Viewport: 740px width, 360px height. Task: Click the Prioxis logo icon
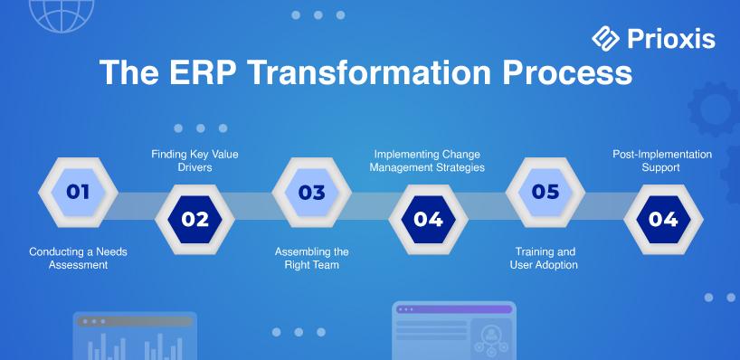(x=605, y=38)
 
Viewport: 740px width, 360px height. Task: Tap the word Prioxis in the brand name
(x=671, y=39)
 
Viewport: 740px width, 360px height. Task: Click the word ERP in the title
(x=204, y=71)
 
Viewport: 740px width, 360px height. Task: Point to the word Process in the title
(x=567, y=72)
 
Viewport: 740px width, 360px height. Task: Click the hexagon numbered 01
(x=78, y=192)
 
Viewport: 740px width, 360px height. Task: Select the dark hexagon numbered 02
(x=194, y=220)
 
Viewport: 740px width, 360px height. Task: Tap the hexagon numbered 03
(x=311, y=192)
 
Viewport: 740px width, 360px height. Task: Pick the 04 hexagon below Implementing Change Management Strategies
(x=429, y=220)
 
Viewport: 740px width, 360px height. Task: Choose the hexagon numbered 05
(x=546, y=192)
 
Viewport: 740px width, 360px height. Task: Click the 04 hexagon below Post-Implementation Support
(x=663, y=220)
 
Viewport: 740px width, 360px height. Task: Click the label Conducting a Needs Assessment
(x=79, y=258)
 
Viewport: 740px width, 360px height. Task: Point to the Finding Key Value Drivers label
(x=194, y=160)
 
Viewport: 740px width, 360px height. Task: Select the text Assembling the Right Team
(x=312, y=258)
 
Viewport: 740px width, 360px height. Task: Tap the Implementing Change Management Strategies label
(x=427, y=160)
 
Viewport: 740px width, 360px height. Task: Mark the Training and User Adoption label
(x=544, y=258)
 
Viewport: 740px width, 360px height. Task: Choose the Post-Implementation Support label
(x=662, y=160)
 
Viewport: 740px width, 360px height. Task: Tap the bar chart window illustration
(x=135, y=336)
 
